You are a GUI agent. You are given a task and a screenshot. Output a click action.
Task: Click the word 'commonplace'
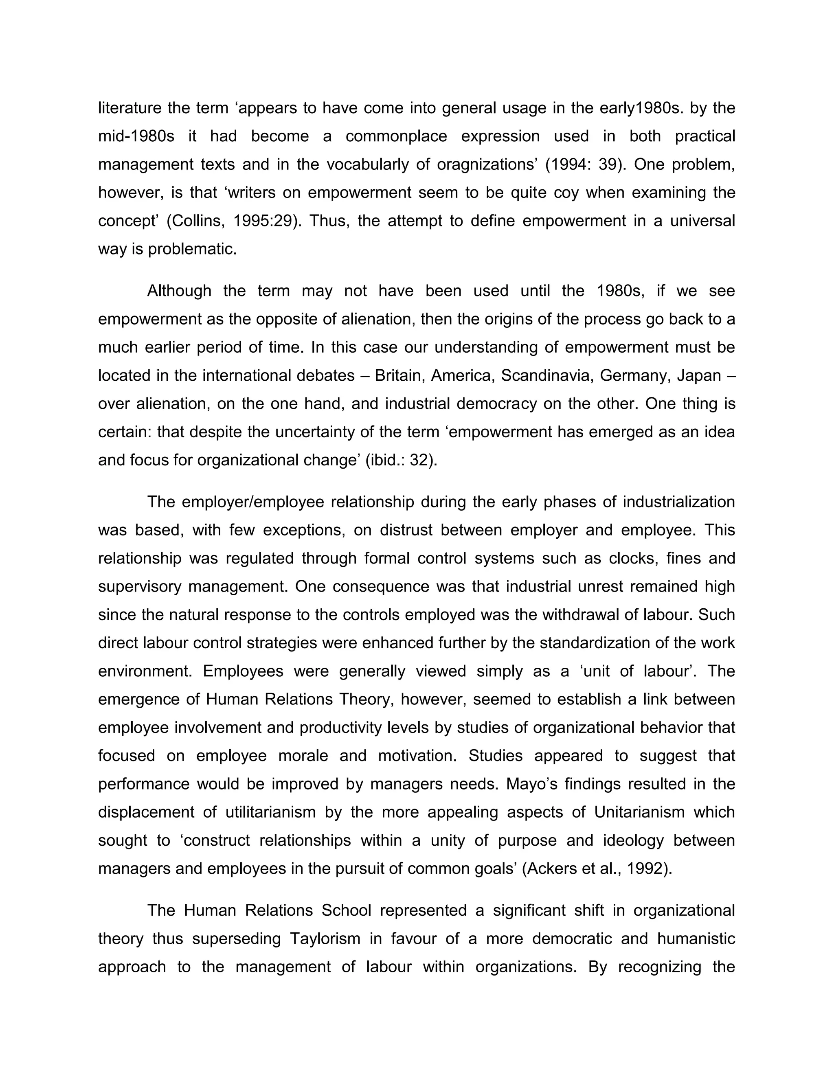(396, 136)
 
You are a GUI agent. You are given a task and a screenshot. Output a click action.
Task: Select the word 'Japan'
(699, 376)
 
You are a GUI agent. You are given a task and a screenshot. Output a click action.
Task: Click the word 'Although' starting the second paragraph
(179, 291)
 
